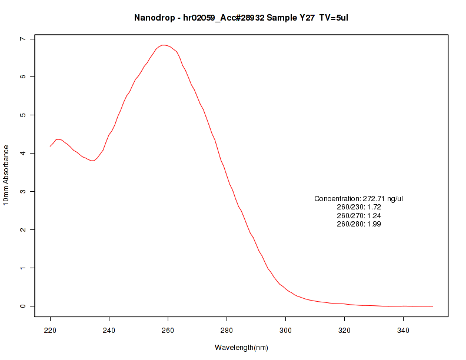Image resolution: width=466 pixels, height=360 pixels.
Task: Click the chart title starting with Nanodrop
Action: click(241, 18)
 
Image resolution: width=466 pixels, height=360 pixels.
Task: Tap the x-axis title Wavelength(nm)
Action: click(241, 348)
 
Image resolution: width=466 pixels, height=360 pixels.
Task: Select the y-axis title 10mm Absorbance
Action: click(6, 175)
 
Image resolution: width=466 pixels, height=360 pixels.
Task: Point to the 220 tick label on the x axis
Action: click(50, 330)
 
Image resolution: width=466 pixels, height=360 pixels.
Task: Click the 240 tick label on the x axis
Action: click(109, 330)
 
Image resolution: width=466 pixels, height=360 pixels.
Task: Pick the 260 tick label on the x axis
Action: click(168, 330)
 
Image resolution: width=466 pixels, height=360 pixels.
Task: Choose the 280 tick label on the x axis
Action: click(227, 330)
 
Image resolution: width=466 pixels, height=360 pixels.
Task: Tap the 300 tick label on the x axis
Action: click(285, 330)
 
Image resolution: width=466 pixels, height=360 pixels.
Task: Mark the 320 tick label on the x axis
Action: click(344, 330)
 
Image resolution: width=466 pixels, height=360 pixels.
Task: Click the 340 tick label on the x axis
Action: click(403, 330)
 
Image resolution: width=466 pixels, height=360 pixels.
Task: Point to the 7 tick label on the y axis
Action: click(22, 39)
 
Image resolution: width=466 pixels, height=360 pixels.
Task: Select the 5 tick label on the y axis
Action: click(22, 115)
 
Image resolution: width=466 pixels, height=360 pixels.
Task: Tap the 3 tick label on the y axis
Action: click(22, 192)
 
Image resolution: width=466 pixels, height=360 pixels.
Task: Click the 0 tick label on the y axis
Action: click(22, 306)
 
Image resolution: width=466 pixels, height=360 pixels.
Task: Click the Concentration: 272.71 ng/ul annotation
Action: click(358, 199)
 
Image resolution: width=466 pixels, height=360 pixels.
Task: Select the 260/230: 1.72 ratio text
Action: click(358, 207)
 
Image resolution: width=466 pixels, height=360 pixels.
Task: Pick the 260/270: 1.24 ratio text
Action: click(358, 215)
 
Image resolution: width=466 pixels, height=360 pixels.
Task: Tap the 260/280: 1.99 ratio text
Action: click(358, 224)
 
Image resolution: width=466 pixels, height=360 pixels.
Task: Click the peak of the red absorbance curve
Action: click(164, 45)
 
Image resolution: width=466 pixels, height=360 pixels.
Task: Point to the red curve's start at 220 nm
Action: click(51, 146)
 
